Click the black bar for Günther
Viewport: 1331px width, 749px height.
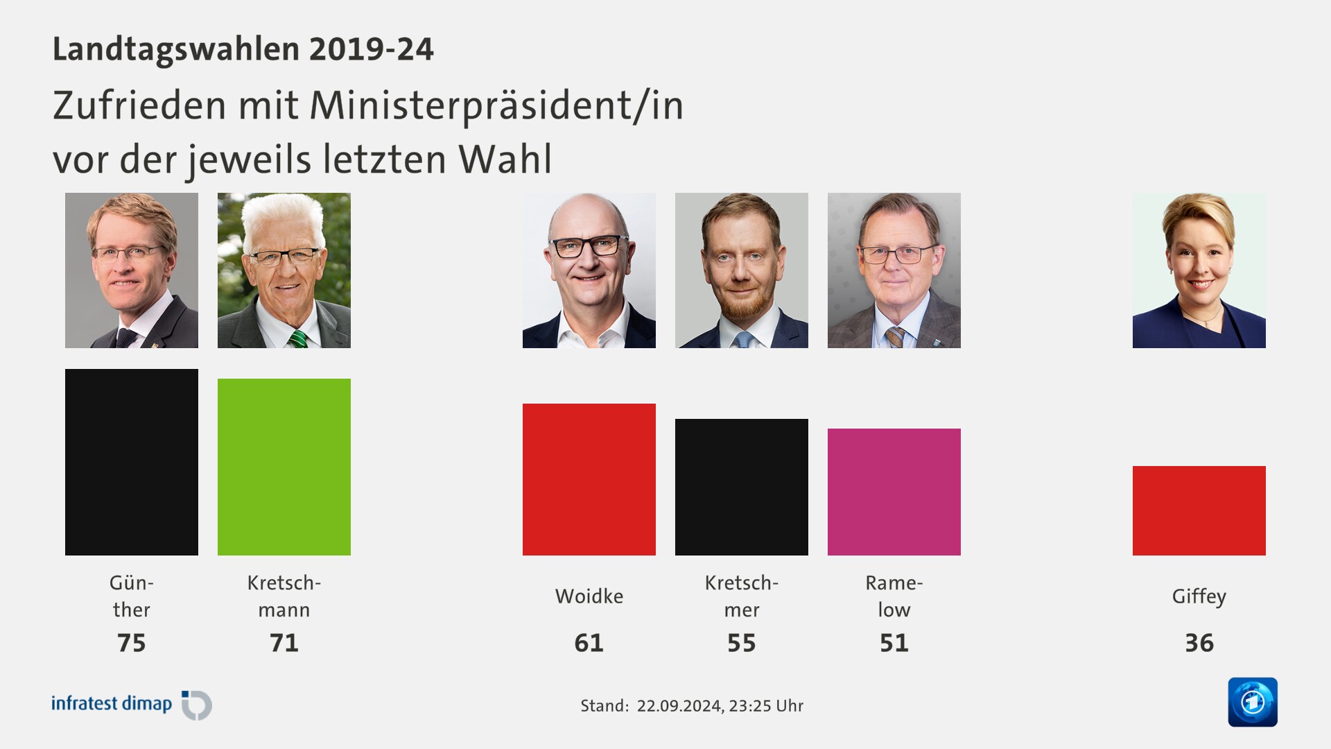(x=132, y=462)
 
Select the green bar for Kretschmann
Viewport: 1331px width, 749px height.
(x=284, y=467)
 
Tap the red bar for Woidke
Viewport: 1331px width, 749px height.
(x=589, y=479)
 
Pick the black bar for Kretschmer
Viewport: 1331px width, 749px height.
(x=742, y=487)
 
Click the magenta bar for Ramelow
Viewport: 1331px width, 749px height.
(x=894, y=492)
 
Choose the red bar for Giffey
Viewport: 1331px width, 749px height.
(x=1199, y=510)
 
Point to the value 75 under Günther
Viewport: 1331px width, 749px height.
(x=132, y=643)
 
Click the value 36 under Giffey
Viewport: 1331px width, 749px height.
(x=1199, y=643)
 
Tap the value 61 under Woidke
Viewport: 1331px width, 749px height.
(x=589, y=643)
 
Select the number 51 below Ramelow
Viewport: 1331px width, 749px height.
(x=894, y=643)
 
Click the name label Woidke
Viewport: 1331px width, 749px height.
(x=589, y=596)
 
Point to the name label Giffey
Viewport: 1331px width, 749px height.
(x=1199, y=596)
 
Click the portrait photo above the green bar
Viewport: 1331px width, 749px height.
(x=284, y=270)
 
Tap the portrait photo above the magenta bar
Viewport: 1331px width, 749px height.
(x=894, y=270)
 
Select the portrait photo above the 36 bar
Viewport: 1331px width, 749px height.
(x=1199, y=270)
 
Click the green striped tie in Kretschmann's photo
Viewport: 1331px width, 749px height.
(x=298, y=339)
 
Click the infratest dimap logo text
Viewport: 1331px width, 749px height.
(x=112, y=703)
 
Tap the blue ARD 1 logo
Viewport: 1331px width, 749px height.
(x=1253, y=702)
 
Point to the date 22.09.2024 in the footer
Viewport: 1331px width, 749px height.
(x=679, y=706)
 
